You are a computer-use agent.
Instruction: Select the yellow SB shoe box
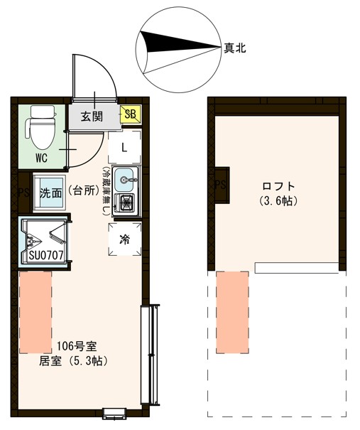(x=131, y=114)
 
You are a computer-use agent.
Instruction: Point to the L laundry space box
(x=124, y=148)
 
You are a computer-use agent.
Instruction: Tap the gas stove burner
(x=127, y=203)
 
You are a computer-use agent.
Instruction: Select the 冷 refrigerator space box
(x=124, y=239)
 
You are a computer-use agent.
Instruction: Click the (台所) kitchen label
(x=84, y=193)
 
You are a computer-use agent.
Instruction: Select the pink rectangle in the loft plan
(x=232, y=311)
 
